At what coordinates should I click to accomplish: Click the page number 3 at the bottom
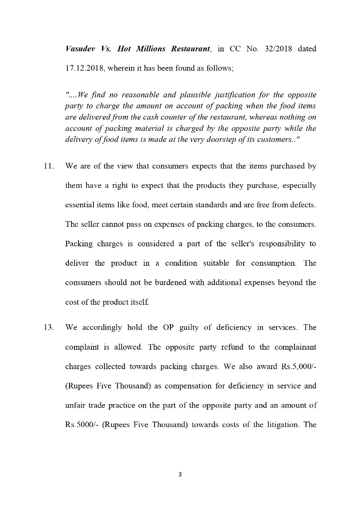pos(180,474)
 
